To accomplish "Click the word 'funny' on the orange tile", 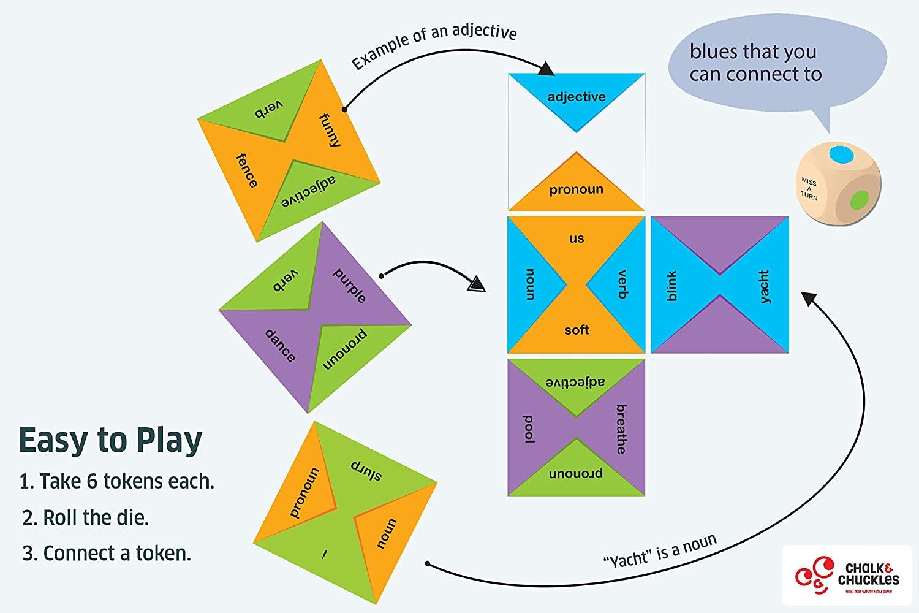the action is (330, 130).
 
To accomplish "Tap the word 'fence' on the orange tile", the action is (247, 170).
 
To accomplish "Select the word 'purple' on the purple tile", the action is (350, 286).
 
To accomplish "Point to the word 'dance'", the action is (280, 345).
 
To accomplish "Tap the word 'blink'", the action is (671, 286).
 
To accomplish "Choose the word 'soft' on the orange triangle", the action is (577, 330).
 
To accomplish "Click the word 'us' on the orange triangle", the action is (577, 238).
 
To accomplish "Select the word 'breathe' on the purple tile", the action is (622, 429).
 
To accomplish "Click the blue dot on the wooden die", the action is (841, 155).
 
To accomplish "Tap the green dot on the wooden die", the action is (860, 200).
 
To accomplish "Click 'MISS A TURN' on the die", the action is (809, 189).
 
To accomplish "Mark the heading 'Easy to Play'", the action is (111, 441).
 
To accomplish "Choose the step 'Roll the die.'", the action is (85, 517).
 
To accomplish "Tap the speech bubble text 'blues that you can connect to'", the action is (755, 63).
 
